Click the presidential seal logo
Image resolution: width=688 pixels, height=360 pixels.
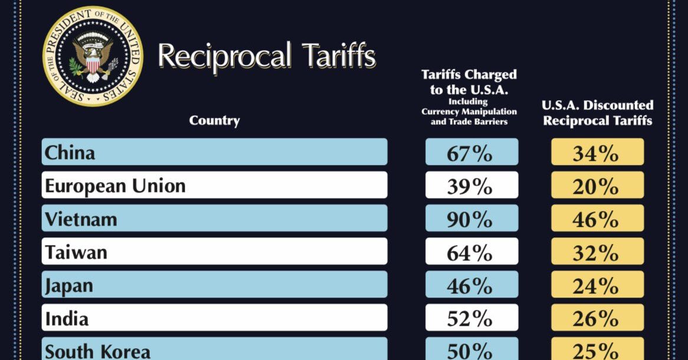tap(93, 56)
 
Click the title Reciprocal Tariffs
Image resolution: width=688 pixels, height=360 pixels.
tap(266, 57)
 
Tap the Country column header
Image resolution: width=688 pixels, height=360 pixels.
tap(215, 121)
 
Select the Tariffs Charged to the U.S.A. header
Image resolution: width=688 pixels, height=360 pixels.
tap(469, 97)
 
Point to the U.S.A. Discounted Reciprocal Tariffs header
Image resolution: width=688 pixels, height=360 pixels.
tap(597, 113)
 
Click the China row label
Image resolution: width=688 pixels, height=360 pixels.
tap(70, 153)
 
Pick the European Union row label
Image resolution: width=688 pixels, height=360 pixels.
tap(116, 186)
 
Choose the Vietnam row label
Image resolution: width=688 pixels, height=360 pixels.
tap(81, 219)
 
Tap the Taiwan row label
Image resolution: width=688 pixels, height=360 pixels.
tap(77, 252)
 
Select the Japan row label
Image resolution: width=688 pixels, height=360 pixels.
tap(70, 286)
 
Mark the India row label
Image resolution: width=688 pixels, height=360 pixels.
tap(67, 319)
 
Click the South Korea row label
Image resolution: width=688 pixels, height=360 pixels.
tap(98, 351)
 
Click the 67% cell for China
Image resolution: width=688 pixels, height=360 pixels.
tap(472, 153)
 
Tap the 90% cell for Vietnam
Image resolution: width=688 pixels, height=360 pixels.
tap(472, 219)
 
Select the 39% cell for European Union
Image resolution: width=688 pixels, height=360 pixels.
tap(472, 186)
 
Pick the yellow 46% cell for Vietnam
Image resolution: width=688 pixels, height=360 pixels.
tap(597, 219)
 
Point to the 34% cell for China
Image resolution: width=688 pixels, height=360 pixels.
tap(597, 153)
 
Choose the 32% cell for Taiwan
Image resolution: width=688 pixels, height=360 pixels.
tap(597, 252)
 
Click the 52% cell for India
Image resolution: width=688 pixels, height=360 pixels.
tap(472, 319)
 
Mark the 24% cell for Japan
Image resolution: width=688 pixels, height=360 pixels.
tap(597, 286)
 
